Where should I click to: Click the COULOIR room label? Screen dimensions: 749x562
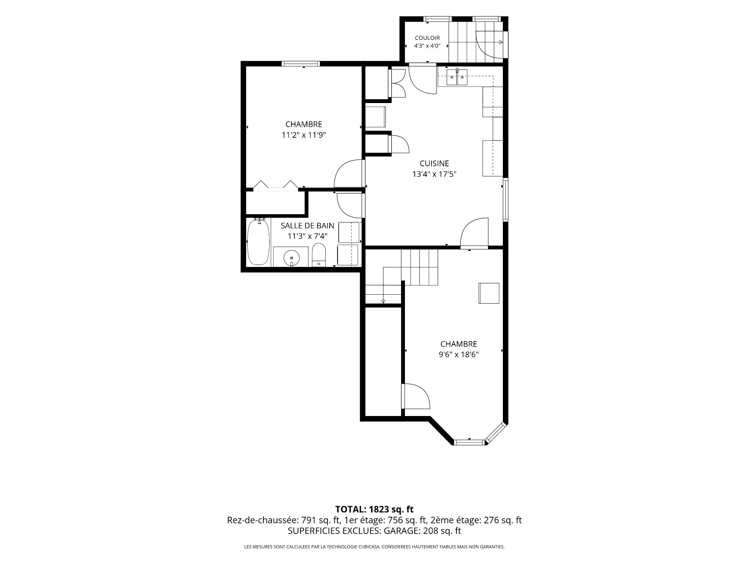[427, 38]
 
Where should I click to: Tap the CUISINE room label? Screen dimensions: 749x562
[434, 164]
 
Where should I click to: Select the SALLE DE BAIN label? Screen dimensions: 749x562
[307, 226]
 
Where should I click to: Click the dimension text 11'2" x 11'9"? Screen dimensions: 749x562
[304, 135]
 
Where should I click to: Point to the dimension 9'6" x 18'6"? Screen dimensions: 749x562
[458, 355]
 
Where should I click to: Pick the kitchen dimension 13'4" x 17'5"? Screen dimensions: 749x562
[434, 174]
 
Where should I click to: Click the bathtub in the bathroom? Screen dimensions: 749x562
[258, 242]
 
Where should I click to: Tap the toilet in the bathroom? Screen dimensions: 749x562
[319, 254]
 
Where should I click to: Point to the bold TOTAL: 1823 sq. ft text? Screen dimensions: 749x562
[374, 509]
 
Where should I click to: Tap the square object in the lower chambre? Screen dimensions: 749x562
[489, 293]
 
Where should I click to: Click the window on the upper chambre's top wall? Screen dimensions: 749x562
[301, 64]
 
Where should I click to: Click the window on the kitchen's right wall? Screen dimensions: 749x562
[506, 200]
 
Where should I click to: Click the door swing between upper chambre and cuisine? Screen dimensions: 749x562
[349, 173]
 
